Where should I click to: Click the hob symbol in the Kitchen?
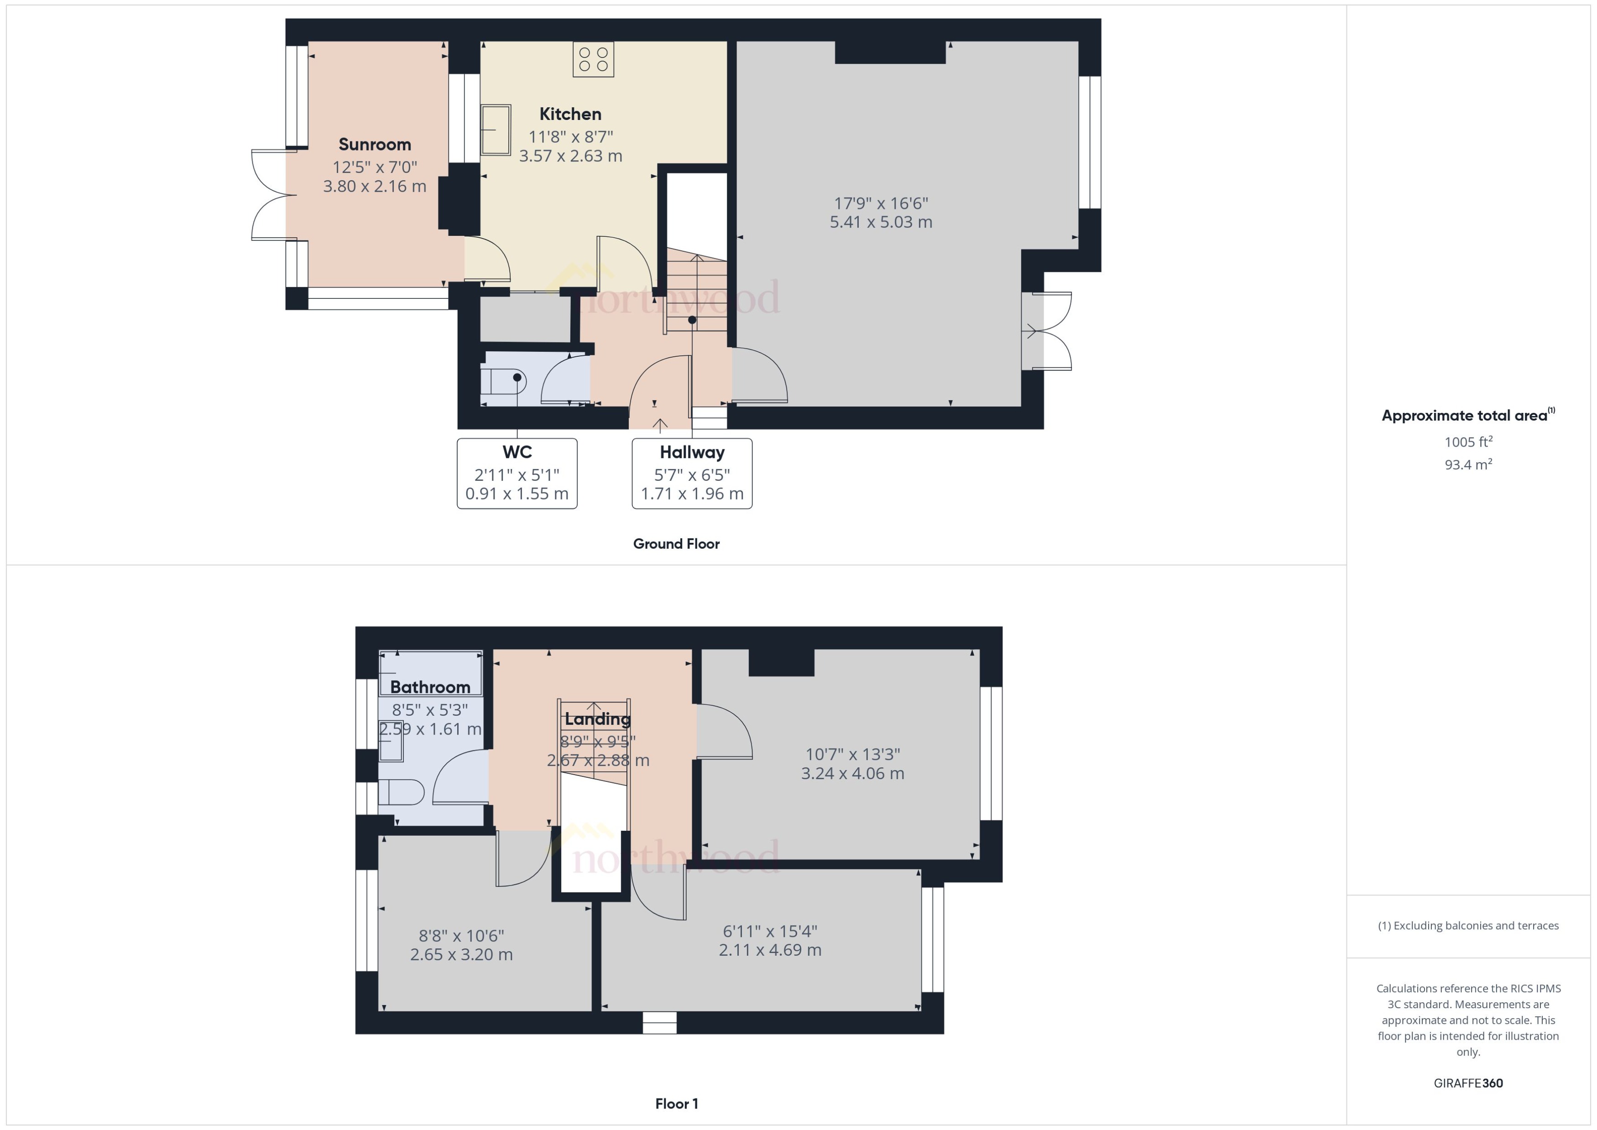[x=593, y=59]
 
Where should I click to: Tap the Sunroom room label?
[x=374, y=145]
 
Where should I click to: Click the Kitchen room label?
[x=570, y=114]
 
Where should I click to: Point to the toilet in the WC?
[x=502, y=382]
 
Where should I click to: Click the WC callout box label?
[x=517, y=452]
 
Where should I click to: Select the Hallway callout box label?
[x=692, y=452]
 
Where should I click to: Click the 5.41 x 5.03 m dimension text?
[x=880, y=222]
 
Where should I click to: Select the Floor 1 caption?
[x=676, y=1104]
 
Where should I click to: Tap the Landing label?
[x=597, y=719]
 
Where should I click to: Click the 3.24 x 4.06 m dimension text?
[x=852, y=774]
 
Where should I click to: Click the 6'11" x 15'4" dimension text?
[x=770, y=931]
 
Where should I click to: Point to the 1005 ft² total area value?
[x=1467, y=442]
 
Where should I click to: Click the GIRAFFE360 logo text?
[x=1467, y=1083]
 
